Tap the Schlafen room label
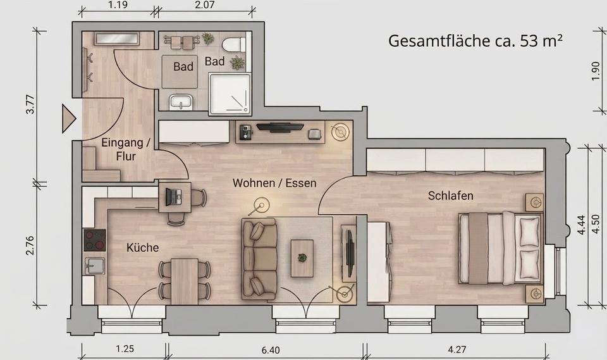(451, 196)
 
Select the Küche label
(142, 247)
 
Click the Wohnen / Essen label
(274, 183)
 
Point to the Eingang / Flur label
(126, 149)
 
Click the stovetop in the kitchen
(95, 240)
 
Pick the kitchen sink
(95, 266)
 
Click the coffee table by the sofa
(302, 257)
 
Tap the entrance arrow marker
(68, 119)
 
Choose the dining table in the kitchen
(185, 280)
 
